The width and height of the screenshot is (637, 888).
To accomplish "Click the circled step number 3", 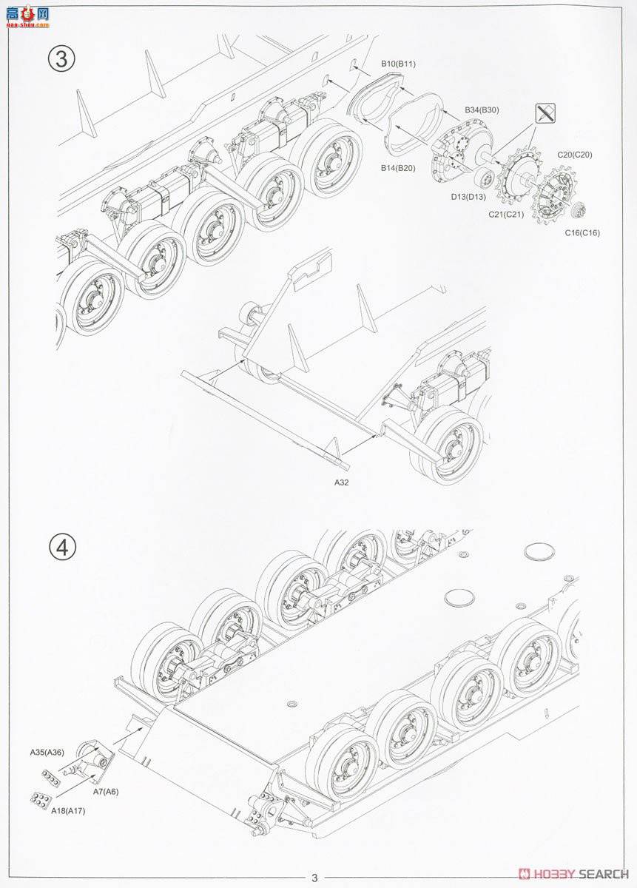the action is [x=62, y=59].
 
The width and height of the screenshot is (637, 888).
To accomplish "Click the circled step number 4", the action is [x=62, y=548].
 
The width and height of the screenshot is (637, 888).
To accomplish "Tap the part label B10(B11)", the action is [x=398, y=64].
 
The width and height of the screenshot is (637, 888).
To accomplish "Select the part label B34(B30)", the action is [x=482, y=110].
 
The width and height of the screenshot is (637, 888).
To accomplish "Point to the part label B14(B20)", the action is [x=398, y=168].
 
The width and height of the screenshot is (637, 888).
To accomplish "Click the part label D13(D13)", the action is [x=468, y=196].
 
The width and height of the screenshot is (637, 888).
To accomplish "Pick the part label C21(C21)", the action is [x=506, y=215].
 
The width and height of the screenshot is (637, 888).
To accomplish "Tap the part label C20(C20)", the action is [x=574, y=155].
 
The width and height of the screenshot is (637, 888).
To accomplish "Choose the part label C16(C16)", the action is [x=582, y=232].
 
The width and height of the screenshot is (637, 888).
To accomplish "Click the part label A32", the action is [x=341, y=482].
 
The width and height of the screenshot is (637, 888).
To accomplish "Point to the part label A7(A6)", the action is [x=106, y=781].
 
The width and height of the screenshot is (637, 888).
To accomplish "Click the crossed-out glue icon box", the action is [x=545, y=113].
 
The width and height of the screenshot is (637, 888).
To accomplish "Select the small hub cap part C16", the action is [x=579, y=209].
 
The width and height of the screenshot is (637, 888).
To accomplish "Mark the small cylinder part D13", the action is [x=485, y=177].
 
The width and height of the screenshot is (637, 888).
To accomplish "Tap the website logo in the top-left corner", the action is [x=28, y=18].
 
